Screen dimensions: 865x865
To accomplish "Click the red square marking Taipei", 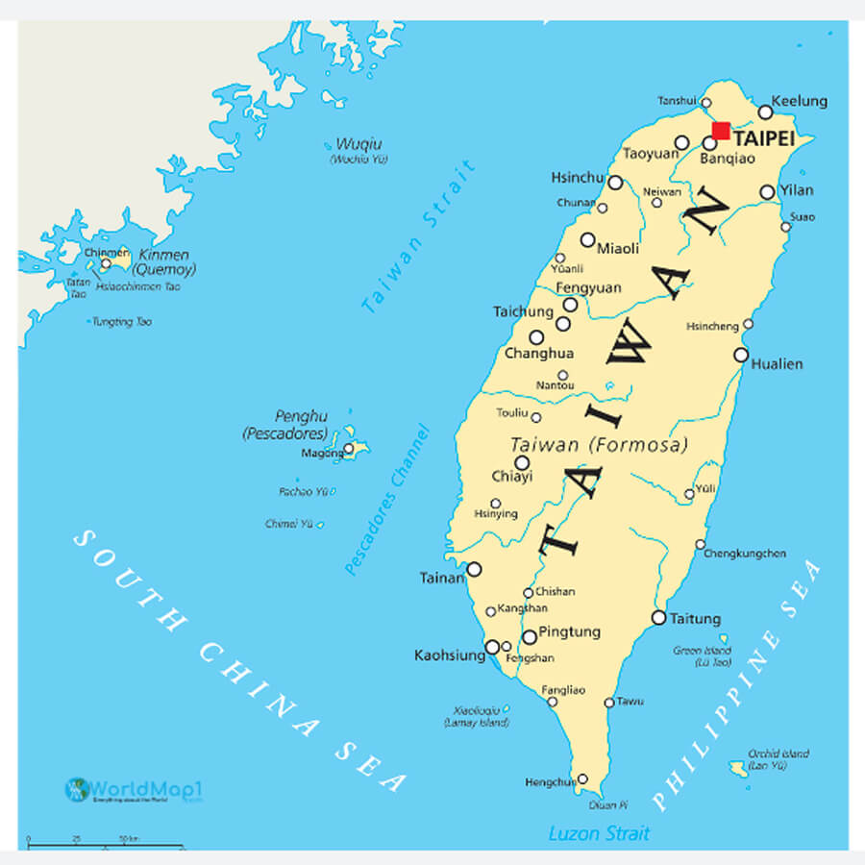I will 720,131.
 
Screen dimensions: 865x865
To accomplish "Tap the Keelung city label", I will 800,101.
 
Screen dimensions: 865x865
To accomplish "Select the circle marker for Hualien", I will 741,355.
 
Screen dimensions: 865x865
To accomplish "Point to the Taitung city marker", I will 658,617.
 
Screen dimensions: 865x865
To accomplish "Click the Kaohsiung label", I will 449,655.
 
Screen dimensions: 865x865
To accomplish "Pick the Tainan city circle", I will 474,569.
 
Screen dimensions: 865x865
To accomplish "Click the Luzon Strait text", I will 599,833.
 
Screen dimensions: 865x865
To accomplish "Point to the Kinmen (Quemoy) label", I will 163,261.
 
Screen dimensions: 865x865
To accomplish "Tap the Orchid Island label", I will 779,759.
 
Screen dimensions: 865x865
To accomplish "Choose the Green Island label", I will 702,656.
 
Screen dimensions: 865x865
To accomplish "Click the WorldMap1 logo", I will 136,790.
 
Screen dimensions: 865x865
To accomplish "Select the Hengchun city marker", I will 582,779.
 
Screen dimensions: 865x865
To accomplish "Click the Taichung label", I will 524,311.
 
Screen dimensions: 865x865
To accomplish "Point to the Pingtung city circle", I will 529,636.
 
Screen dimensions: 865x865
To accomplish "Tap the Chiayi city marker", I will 522,462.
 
